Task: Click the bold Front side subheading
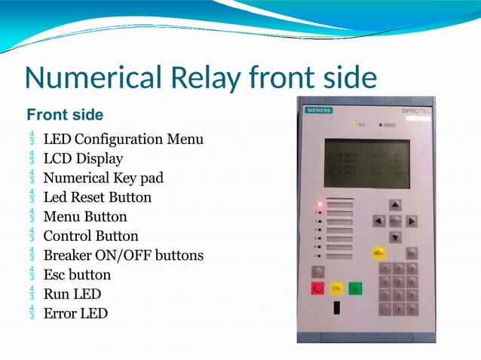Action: pos(65,115)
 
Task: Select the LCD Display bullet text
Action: pos(83,159)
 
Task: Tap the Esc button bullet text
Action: pos(77,275)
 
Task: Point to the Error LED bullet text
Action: pos(75,313)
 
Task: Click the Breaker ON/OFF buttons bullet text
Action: pos(124,255)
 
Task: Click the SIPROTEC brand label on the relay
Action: pos(415,111)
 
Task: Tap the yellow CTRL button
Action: pos(336,288)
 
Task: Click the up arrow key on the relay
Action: pos(395,205)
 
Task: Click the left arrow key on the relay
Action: pos(379,221)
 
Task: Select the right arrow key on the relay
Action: pos(412,221)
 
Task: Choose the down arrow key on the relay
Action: pos(395,237)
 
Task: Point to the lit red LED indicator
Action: pos(320,203)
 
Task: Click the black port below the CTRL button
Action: pos(336,307)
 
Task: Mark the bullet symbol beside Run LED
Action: pos(32,294)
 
